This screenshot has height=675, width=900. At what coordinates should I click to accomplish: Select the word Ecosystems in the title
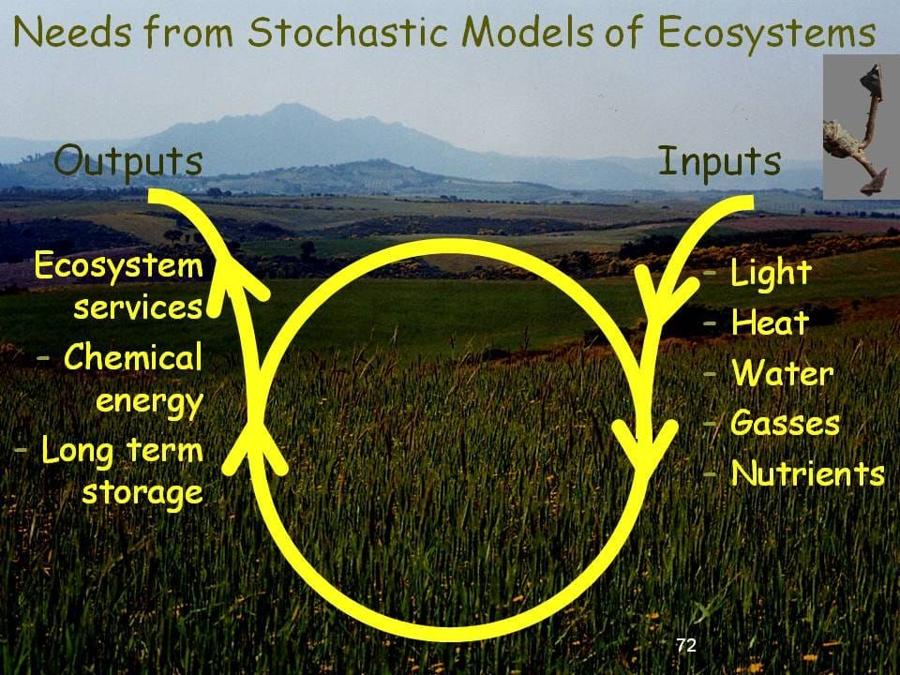point(766,35)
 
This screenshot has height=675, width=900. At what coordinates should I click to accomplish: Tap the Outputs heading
point(128,160)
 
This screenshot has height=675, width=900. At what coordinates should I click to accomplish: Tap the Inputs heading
point(719,161)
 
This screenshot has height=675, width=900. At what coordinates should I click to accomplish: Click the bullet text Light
point(770,274)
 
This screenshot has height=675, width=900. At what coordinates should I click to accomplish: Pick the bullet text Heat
point(769,323)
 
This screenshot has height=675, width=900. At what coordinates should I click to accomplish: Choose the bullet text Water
point(782,374)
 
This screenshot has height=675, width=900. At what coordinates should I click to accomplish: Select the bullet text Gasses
point(785,423)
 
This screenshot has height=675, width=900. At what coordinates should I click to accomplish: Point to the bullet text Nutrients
point(807,473)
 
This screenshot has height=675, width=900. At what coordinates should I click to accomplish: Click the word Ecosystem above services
point(118,267)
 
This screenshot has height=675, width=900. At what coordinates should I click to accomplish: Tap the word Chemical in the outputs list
point(133,357)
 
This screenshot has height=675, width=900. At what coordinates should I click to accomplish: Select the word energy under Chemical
point(149,401)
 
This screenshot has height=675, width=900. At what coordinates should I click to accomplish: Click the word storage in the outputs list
point(142,492)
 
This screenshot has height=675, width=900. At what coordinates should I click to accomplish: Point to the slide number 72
point(686,645)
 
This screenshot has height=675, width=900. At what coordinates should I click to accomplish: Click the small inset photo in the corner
point(861,127)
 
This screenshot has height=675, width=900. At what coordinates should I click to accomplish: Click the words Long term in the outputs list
point(122,451)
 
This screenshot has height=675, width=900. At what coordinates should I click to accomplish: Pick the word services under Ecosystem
point(139,307)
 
